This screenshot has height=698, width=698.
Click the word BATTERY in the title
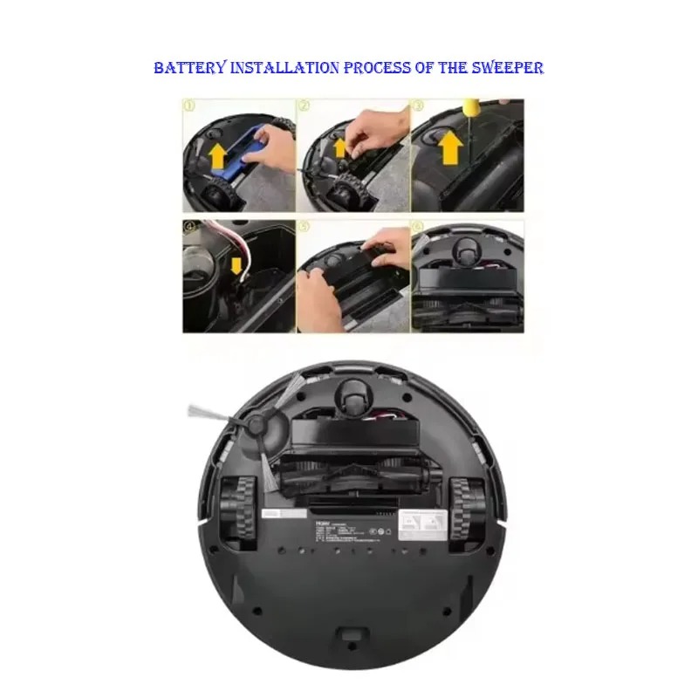pyautogui.click(x=189, y=67)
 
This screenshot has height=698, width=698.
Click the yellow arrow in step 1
pyautogui.click(x=216, y=157)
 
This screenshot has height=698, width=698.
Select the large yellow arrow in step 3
pyautogui.click(x=450, y=147)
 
